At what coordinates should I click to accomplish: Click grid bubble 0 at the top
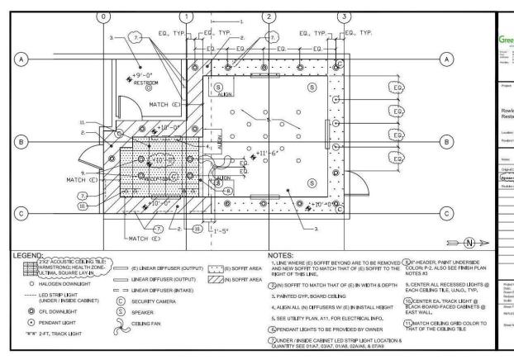tap(102, 16)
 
